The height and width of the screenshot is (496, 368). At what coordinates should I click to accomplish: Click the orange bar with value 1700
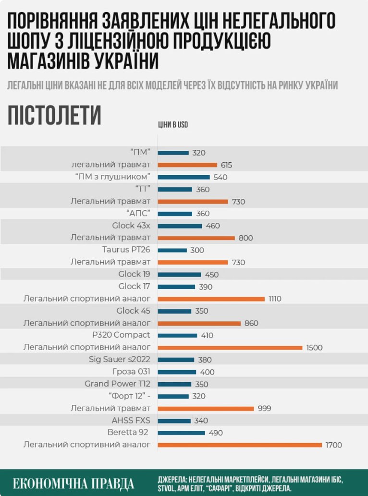[x=240, y=445]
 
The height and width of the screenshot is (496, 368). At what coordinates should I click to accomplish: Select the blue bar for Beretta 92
[x=182, y=433]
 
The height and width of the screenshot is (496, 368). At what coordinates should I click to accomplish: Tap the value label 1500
[x=314, y=348]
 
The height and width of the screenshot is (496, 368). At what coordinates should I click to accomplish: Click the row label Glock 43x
[x=131, y=226]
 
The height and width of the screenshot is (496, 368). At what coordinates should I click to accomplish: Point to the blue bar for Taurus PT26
[x=172, y=250]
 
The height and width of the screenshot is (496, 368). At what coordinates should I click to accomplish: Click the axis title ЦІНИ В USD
[x=173, y=125]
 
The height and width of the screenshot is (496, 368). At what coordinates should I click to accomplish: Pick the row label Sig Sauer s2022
[x=120, y=360]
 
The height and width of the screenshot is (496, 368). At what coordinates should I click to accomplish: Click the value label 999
[x=264, y=409]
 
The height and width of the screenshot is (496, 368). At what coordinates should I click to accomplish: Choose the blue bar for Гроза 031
[x=177, y=372]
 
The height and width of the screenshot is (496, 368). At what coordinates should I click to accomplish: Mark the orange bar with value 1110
[x=211, y=299]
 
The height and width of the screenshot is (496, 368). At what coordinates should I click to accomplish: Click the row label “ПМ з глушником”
[x=113, y=177]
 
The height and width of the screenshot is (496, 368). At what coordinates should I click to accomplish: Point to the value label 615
[x=226, y=165]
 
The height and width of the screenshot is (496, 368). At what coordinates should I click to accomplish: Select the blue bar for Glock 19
[x=180, y=275]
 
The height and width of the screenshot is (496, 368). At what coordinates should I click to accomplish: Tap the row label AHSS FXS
[x=131, y=421]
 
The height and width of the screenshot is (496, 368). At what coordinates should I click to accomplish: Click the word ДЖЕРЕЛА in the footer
[x=172, y=480]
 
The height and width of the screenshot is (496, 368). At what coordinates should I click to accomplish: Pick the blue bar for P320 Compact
[x=178, y=336]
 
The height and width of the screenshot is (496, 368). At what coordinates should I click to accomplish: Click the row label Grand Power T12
[x=117, y=384]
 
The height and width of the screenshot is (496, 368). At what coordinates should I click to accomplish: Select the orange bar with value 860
[x=199, y=323]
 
